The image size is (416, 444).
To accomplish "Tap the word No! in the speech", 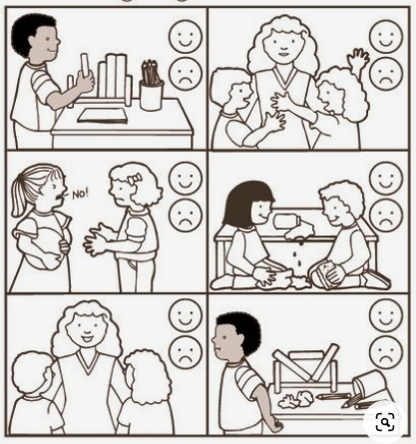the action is click(x=81, y=194).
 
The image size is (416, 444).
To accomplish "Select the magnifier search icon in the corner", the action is click(x=385, y=422).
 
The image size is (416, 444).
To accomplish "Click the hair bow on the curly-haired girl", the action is click(x=135, y=180).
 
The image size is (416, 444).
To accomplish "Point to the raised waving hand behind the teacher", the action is click(x=358, y=60).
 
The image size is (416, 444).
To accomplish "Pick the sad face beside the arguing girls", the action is click(x=186, y=216).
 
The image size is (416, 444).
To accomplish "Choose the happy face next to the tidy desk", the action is click(x=186, y=36).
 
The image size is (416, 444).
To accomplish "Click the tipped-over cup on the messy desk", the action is click(x=367, y=386).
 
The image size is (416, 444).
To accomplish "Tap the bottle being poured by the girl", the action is click(x=287, y=222).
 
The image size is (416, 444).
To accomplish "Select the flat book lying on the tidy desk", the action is click(x=103, y=116).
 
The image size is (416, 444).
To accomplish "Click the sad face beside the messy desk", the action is click(x=386, y=352).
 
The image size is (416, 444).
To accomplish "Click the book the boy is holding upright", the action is click(x=85, y=68).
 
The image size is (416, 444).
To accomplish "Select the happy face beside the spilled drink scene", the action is click(x=386, y=178).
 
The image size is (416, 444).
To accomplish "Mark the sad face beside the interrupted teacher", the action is click(x=386, y=74).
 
